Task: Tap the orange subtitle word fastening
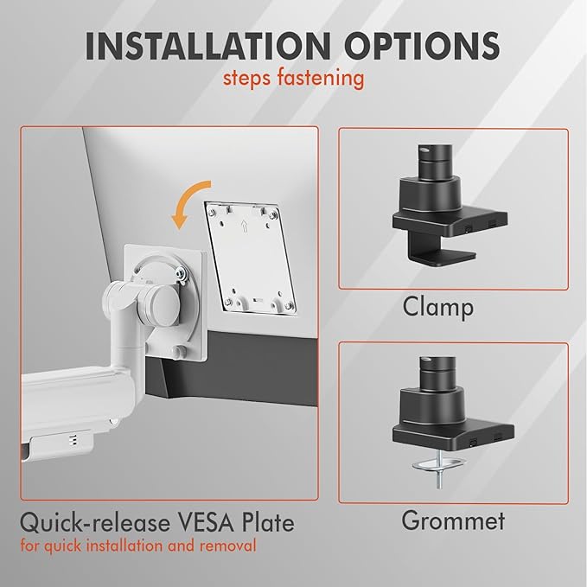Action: [320, 79]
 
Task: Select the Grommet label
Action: [453, 520]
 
